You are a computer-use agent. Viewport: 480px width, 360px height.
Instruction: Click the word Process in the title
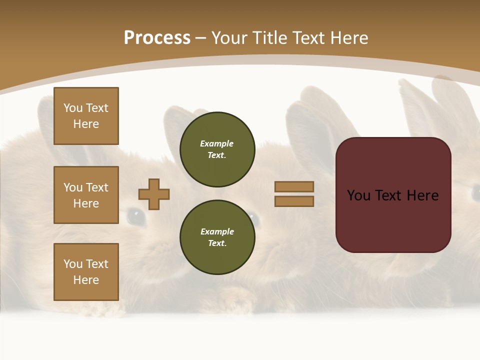click(x=157, y=38)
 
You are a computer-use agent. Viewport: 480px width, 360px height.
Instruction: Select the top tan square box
click(x=86, y=116)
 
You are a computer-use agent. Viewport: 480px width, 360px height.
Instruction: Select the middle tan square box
click(x=86, y=195)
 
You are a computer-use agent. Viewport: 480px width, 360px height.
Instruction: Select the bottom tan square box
click(x=86, y=272)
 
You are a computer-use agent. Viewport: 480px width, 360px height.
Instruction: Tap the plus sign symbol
click(x=154, y=194)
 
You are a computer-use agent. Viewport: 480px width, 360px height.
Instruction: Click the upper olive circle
click(x=217, y=149)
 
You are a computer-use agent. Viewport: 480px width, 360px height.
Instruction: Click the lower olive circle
click(x=217, y=237)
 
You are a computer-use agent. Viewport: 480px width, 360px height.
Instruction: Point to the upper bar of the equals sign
click(x=294, y=186)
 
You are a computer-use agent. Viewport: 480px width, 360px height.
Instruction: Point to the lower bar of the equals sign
click(x=294, y=201)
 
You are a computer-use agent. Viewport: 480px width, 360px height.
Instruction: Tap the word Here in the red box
click(x=422, y=195)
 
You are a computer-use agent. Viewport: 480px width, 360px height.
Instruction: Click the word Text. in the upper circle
click(x=217, y=155)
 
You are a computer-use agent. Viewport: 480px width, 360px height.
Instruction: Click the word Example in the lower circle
click(x=217, y=231)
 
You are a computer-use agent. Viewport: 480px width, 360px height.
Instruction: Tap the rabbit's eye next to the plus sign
click(x=135, y=216)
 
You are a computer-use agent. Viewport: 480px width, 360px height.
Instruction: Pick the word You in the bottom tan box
click(x=73, y=264)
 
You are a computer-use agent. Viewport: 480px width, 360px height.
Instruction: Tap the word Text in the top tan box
click(x=96, y=108)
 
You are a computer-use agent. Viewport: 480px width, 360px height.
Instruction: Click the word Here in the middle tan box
click(x=86, y=203)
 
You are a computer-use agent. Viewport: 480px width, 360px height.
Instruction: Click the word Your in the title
click(x=230, y=38)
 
